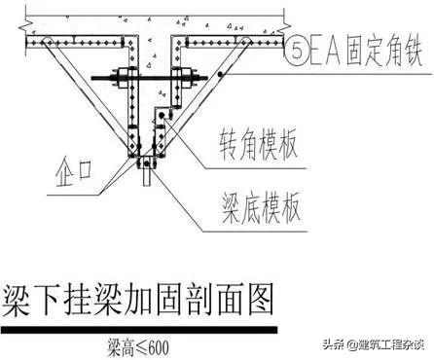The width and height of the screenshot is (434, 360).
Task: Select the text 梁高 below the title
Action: (117, 342)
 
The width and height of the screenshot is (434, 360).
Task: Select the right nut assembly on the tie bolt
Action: (179, 78)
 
